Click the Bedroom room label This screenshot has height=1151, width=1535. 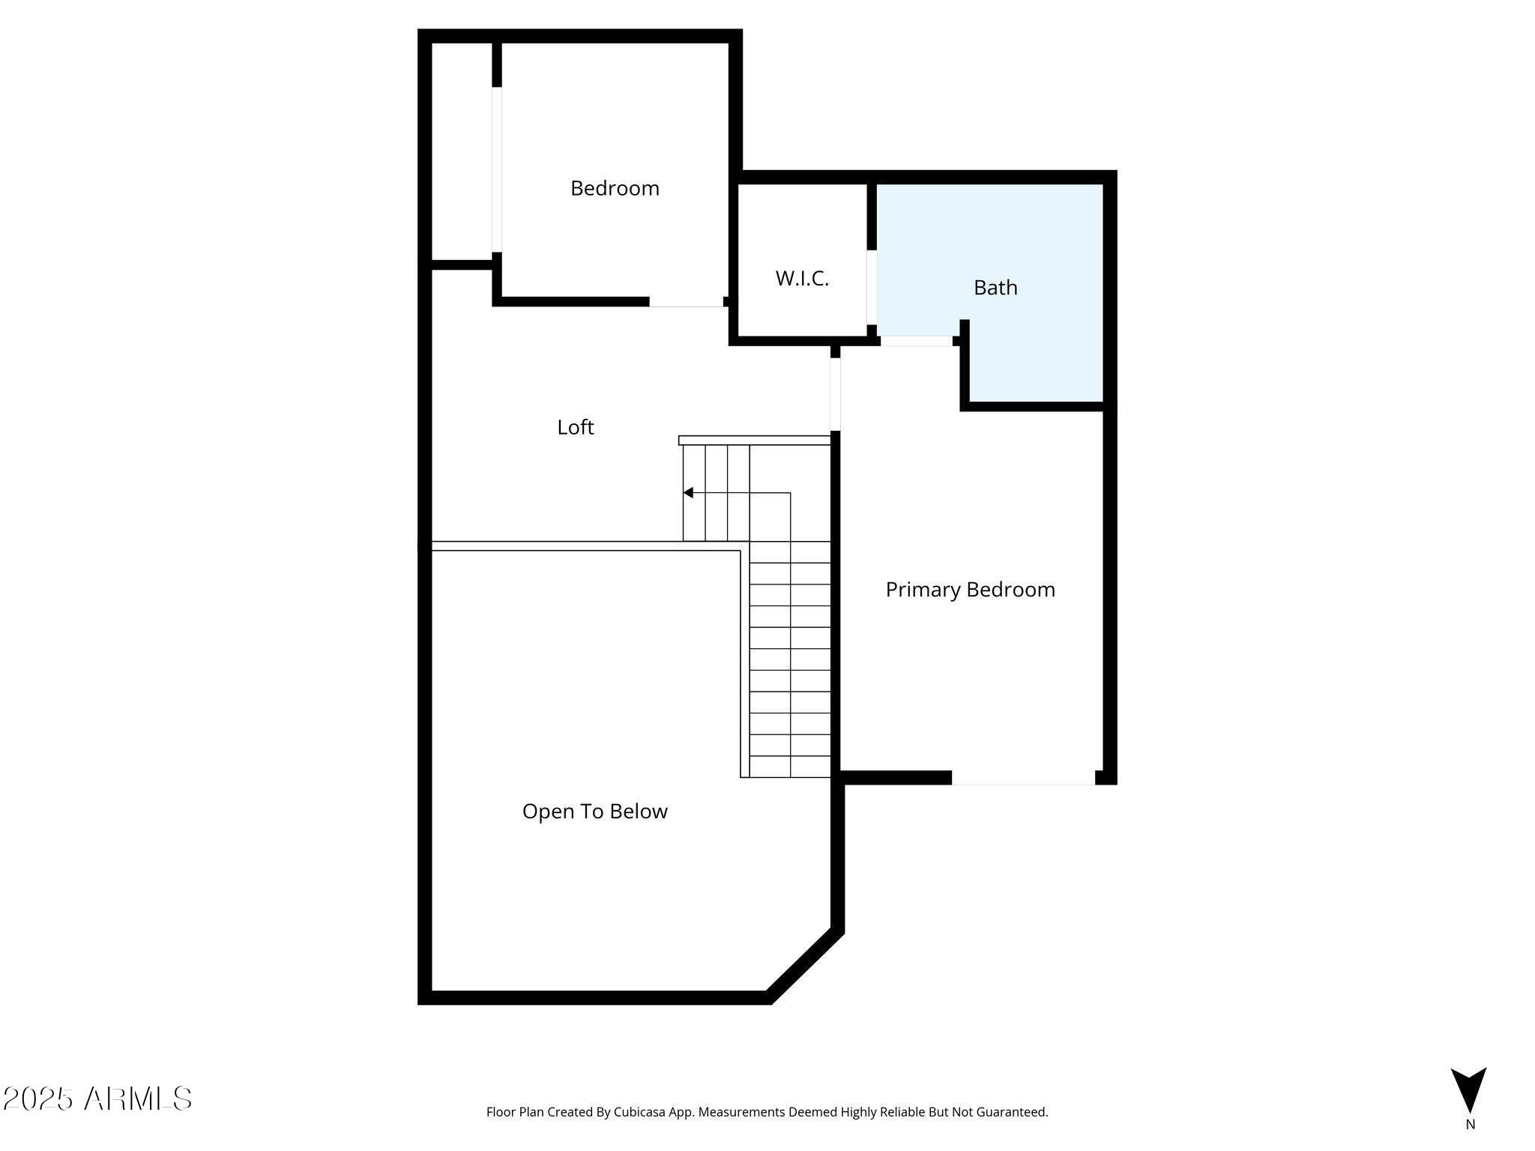point(615,188)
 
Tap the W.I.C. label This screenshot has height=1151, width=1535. point(802,279)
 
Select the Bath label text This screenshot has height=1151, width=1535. point(995,288)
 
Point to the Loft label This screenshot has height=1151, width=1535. point(576,427)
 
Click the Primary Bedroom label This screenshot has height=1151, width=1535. point(971,590)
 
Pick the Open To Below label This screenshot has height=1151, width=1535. point(595,812)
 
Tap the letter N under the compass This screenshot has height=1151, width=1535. point(1471,1124)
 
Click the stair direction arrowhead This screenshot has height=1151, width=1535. point(688,492)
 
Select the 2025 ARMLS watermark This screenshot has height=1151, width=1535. point(97,1099)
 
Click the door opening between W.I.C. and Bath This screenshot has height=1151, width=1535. point(872,287)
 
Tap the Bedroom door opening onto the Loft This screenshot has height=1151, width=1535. point(687,302)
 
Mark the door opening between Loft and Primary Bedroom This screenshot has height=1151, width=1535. point(835,394)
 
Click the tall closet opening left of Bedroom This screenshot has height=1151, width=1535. point(497,169)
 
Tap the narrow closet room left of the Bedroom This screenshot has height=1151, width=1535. point(462,151)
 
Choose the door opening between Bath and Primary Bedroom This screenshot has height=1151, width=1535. point(916,341)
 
